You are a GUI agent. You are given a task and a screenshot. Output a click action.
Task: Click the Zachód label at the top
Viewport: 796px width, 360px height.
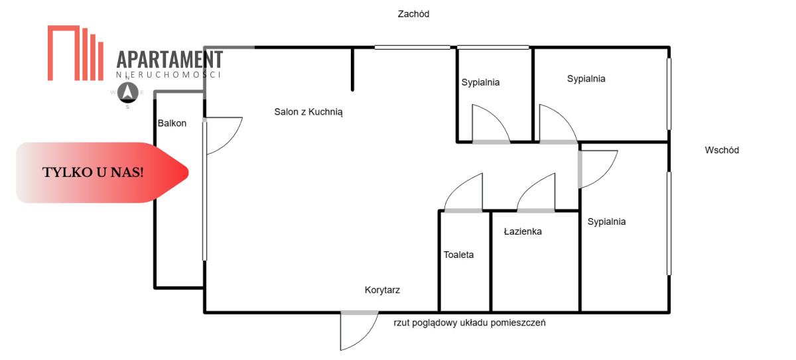(x=414, y=14)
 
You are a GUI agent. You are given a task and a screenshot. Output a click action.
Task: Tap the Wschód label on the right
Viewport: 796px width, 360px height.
(x=722, y=150)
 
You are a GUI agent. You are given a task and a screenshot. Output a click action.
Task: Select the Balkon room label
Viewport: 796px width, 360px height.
(x=172, y=123)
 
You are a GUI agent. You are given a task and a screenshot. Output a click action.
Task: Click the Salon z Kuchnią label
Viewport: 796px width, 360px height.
(x=308, y=112)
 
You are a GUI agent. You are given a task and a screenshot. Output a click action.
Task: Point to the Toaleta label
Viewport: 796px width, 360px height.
(x=459, y=255)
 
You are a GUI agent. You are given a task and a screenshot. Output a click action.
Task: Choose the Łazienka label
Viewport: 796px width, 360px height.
(x=523, y=231)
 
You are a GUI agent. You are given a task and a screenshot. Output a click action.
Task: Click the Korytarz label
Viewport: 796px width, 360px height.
(x=382, y=290)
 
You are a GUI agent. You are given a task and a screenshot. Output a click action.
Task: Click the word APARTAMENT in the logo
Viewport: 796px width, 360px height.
(x=169, y=60)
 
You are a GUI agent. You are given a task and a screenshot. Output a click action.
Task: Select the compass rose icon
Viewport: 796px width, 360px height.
(x=127, y=93)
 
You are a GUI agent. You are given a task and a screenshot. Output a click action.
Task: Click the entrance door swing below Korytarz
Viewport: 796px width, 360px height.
(x=356, y=330)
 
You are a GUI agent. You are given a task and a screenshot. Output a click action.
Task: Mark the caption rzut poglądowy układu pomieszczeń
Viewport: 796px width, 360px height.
(x=469, y=323)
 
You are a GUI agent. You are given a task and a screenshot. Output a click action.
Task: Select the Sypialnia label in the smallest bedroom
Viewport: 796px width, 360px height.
(x=480, y=83)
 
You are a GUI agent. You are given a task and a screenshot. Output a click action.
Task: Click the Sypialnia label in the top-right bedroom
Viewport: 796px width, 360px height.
(x=586, y=78)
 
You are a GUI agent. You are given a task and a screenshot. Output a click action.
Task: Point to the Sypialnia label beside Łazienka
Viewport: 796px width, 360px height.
(x=606, y=222)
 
